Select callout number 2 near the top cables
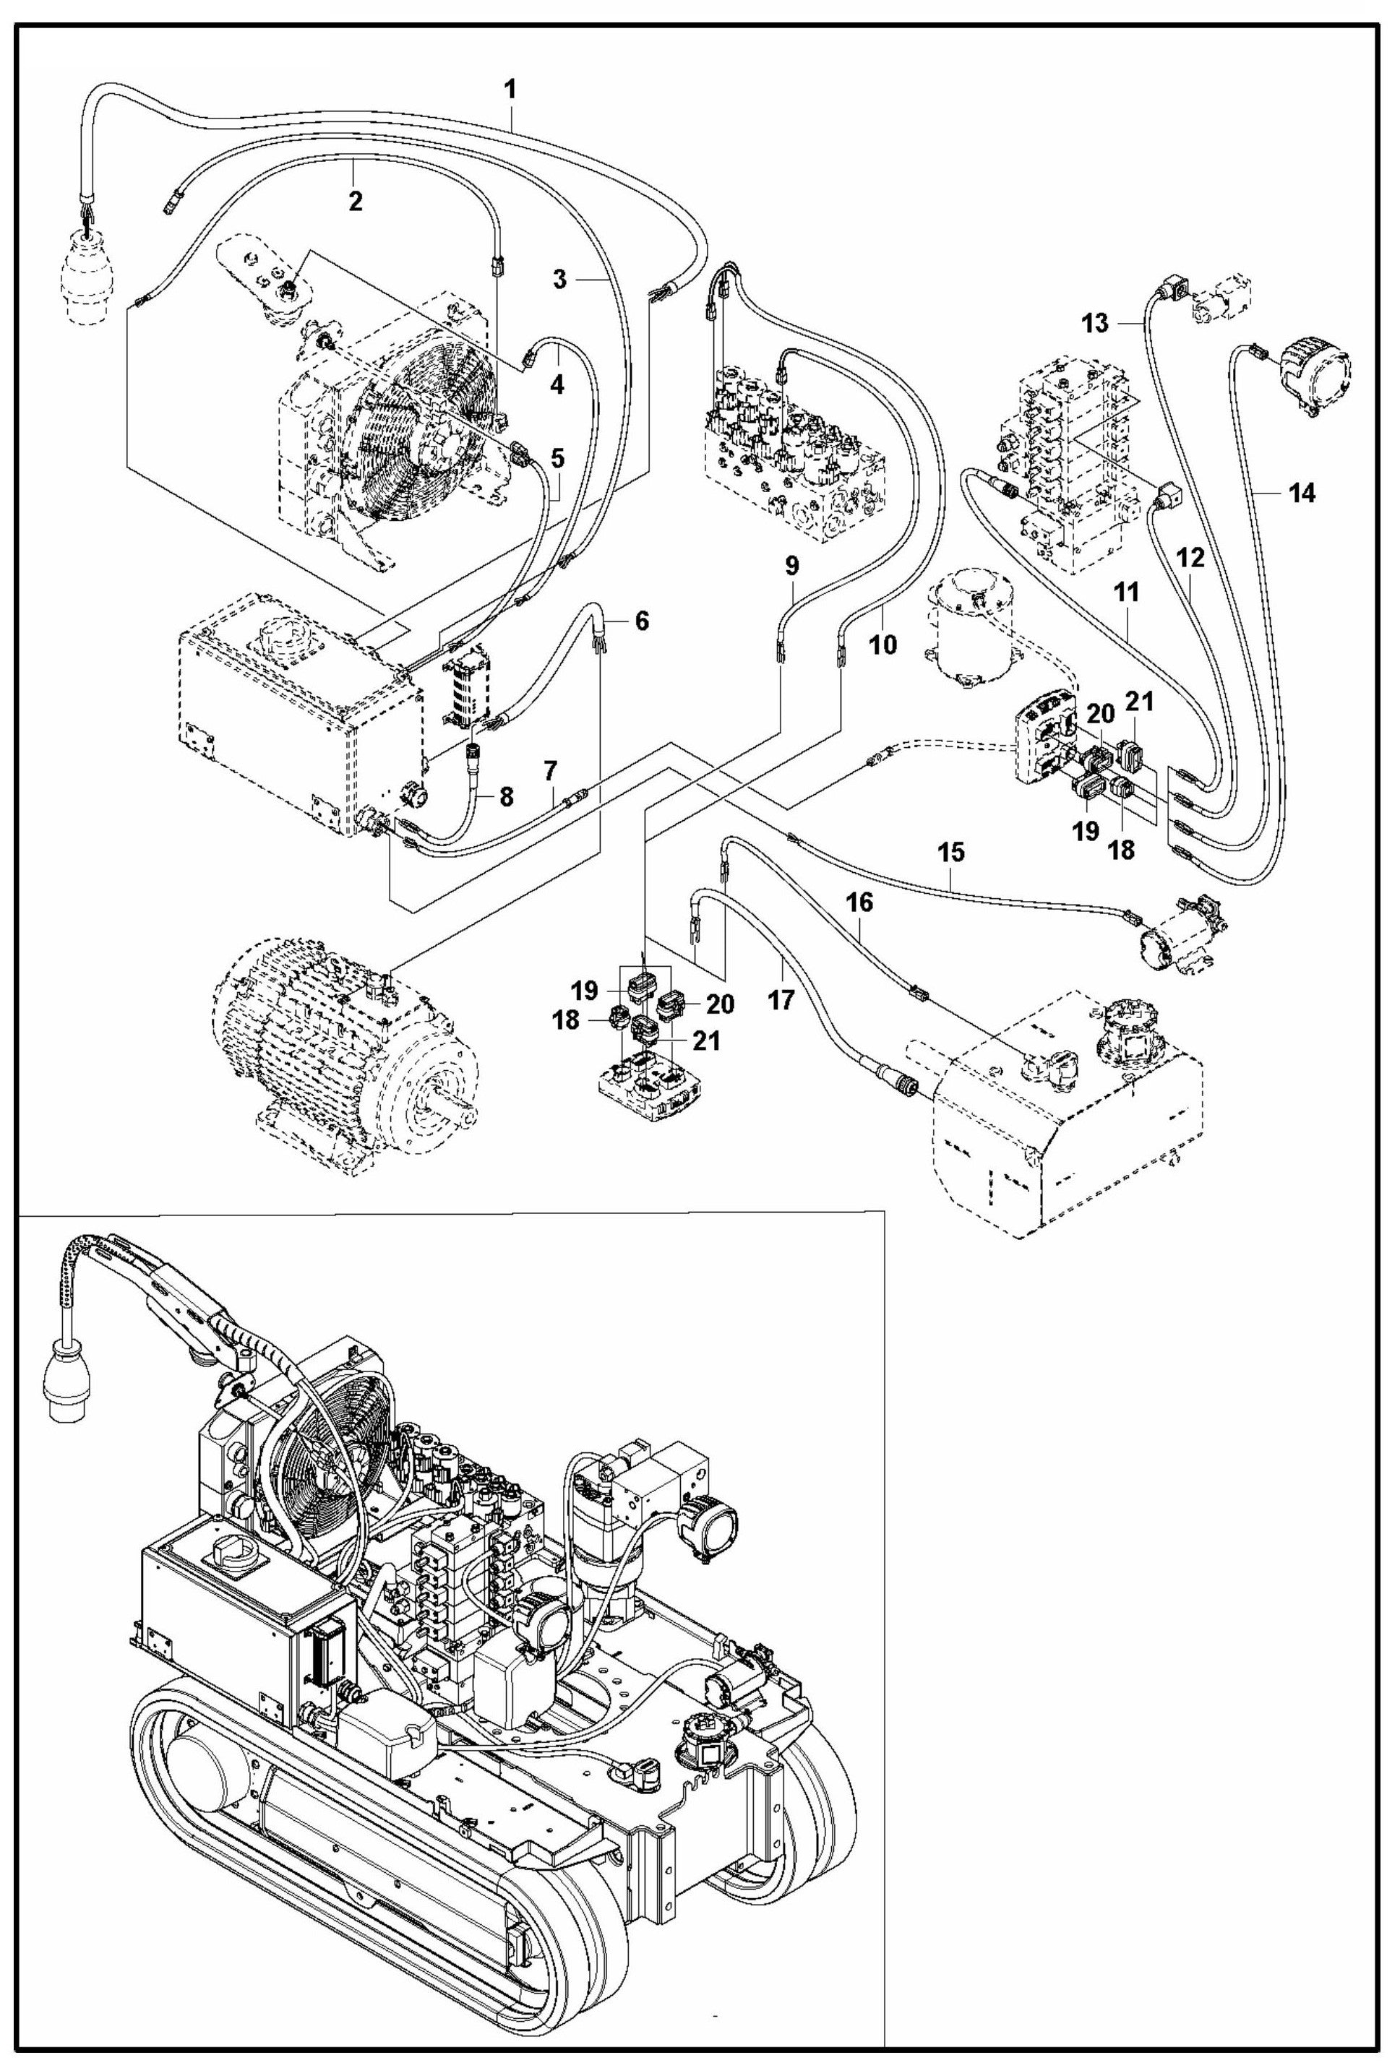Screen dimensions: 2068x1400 pos(355,201)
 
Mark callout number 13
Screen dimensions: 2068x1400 pos(1096,323)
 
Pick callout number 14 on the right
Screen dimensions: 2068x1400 pos(1300,492)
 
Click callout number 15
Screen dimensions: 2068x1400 pos(950,852)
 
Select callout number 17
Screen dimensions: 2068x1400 pos(781,999)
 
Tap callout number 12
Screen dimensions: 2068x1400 pos(1191,558)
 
